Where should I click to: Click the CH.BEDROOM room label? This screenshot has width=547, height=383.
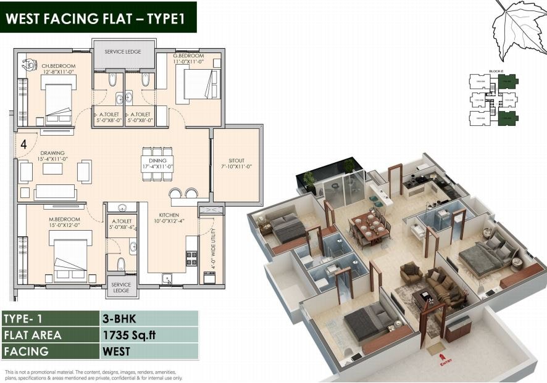59,66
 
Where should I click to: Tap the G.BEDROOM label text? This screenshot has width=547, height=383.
188,56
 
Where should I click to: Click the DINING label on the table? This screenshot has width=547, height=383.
157,159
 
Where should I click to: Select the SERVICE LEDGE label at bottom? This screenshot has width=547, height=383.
121,287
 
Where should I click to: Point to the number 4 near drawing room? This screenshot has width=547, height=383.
23,145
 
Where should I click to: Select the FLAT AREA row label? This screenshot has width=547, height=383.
33,336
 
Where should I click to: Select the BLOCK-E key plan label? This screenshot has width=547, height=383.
495,72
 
